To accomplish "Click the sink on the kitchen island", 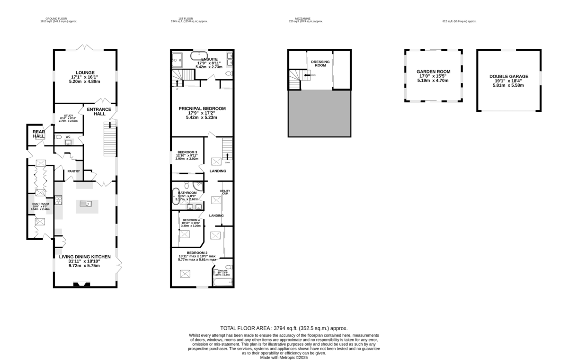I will (x=87, y=204).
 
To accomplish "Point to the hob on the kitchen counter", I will (x=59, y=200).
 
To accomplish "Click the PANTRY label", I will (x=72, y=171).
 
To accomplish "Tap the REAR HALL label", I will (x=38, y=135).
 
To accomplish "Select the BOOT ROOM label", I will (x=40, y=204).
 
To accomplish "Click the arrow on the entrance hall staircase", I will (x=110, y=125).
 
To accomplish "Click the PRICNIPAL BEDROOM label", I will (x=202, y=108).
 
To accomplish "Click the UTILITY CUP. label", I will (x=224, y=192).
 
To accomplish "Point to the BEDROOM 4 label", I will (x=191, y=220).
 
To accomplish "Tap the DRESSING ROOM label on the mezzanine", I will (x=320, y=63).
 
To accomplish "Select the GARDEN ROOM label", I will (x=433, y=72).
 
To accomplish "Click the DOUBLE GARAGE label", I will (x=509, y=76).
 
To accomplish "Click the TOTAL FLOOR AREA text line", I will (x=284, y=328).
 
